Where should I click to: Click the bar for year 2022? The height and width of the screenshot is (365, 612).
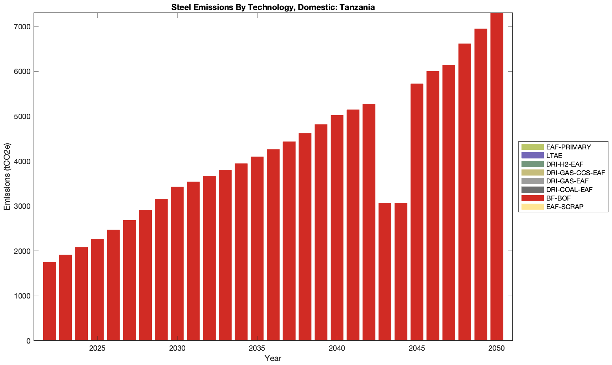pyautogui.click(x=49, y=301)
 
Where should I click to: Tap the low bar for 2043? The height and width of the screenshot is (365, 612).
pyautogui.click(x=385, y=272)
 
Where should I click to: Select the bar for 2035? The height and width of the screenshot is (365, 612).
pyautogui.click(x=257, y=248)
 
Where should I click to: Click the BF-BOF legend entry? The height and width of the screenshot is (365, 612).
pyautogui.click(x=556, y=198)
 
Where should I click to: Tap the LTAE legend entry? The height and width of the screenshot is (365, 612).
pyautogui.click(x=554, y=156)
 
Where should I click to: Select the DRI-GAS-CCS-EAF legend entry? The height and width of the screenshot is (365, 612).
pyautogui.click(x=575, y=173)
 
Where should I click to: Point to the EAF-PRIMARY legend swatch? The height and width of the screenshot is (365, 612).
pyautogui.click(x=532, y=147)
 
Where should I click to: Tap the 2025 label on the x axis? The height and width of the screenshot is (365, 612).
pyautogui.click(x=97, y=349)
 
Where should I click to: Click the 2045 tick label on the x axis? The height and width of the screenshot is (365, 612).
pyautogui.click(x=417, y=349)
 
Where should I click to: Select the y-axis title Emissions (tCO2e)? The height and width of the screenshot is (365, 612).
pyautogui.click(x=7, y=177)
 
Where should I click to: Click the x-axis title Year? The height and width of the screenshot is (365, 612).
pyautogui.click(x=273, y=358)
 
